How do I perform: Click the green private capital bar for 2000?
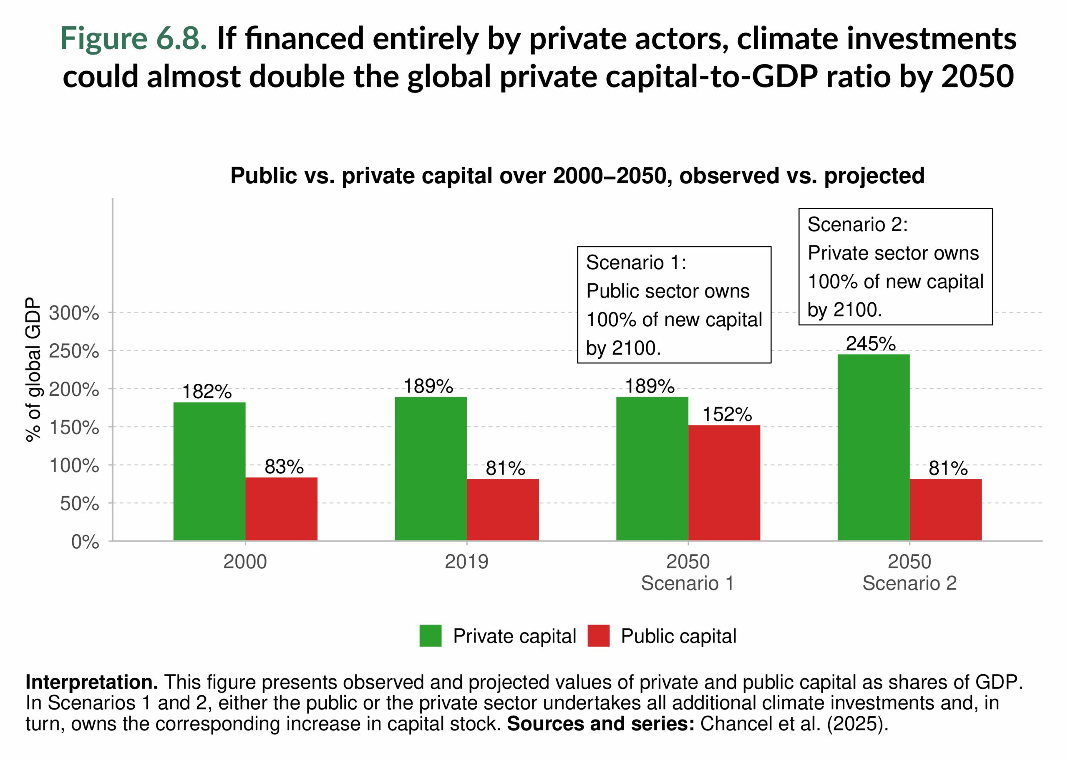coord(209,471)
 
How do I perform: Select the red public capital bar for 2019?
coord(503,510)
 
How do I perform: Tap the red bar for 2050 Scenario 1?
coord(724,483)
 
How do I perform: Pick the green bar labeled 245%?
coord(873,447)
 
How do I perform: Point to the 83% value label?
coord(284,467)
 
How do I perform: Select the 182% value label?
coord(207,392)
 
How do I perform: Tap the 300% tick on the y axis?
coord(74,313)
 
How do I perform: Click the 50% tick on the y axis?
coord(79,504)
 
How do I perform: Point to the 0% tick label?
coord(85,542)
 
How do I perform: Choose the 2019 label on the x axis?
coord(466,562)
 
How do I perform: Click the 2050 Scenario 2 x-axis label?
coord(909,572)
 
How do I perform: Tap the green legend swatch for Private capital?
coord(430,636)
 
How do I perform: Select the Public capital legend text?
coord(678,636)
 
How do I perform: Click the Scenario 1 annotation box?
coord(674,305)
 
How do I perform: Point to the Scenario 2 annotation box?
coord(895,267)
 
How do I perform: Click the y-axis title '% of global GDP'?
coord(33,370)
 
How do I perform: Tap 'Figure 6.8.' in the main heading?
coord(133,38)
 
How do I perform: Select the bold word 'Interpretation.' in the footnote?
coord(91,682)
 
